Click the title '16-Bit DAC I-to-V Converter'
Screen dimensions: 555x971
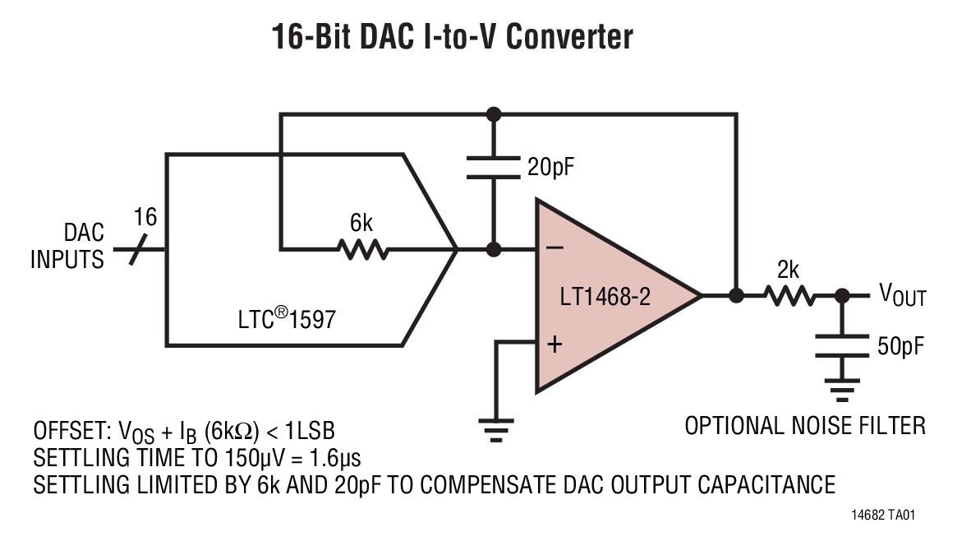(x=453, y=37)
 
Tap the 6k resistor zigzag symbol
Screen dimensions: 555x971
(x=361, y=248)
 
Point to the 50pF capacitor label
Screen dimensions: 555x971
(x=900, y=346)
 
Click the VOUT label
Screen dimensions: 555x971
(x=902, y=294)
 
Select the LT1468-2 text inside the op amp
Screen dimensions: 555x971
(x=605, y=297)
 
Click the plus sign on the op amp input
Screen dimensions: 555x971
(x=555, y=345)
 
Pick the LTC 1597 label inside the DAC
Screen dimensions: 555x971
(x=281, y=317)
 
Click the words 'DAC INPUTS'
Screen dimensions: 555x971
(x=67, y=247)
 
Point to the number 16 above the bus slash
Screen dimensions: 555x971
(x=145, y=217)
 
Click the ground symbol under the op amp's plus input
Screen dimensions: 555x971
(x=495, y=429)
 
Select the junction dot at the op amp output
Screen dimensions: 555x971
(x=737, y=295)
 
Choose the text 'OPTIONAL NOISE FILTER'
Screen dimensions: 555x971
(x=804, y=426)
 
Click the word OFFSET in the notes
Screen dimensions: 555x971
(x=71, y=430)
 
